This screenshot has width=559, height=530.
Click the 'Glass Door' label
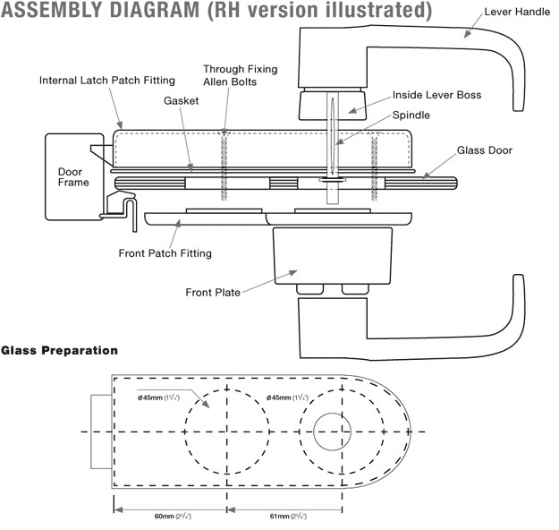click(485, 150)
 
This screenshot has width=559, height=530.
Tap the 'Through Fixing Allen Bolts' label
click(240, 75)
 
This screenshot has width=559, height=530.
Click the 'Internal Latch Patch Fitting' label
click(106, 80)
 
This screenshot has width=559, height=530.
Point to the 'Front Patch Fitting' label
click(165, 253)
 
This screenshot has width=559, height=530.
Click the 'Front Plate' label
click(213, 292)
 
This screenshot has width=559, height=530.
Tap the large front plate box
click(332, 256)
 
